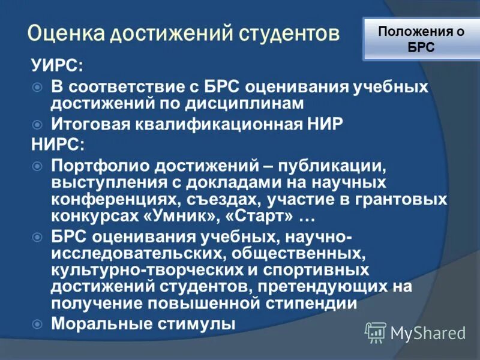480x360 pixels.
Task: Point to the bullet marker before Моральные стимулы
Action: click(37, 323)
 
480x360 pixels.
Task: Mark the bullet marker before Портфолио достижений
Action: click(37, 164)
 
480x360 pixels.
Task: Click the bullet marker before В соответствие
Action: click(37, 88)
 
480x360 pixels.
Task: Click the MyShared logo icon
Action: click(376, 332)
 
